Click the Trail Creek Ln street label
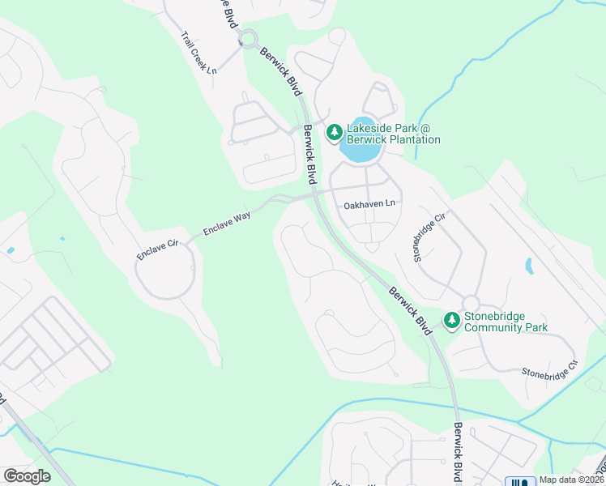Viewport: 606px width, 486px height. click(x=199, y=53)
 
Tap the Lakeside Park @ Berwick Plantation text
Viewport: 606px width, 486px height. click(x=393, y=134)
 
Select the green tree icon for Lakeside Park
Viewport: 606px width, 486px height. click(x=333, y=132)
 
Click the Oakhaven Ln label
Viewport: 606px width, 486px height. click(x=372, y=205)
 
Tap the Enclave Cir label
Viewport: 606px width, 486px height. click(x=158, y=247)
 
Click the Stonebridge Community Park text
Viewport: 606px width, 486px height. click(x=505, y=322)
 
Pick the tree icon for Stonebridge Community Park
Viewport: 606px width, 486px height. click(x=451, y=322)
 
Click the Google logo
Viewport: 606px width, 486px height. click(x=27, y=476)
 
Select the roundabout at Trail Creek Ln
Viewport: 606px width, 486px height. click(x=248, y=37)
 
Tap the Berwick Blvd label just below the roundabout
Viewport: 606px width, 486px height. click(x=277, y=70)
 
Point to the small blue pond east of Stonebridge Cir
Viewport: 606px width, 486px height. click(x=529, y=265)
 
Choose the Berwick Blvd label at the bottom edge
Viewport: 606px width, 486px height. click(x=458, y=454)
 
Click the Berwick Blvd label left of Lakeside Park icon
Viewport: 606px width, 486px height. click(x=309, y=153)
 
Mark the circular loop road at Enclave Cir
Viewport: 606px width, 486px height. click(x=164, y=270)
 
